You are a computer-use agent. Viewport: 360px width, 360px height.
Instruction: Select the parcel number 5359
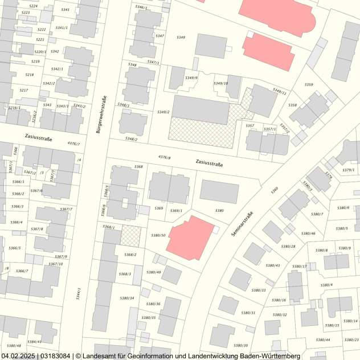(308, 85)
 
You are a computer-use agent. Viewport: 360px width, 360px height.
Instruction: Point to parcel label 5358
(292, 105)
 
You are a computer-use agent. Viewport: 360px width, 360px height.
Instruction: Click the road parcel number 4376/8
(164, 157)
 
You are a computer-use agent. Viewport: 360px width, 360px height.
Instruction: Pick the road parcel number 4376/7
(74, 144)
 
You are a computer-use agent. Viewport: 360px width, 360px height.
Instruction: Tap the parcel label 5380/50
(158, 235)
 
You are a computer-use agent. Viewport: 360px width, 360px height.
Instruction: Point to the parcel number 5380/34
(127, 298)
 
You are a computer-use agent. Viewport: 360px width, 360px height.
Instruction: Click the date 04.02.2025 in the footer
(18, 355)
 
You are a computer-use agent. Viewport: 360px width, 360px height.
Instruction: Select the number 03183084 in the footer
(55, 355)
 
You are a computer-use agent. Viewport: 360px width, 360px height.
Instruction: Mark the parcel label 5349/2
(163, 112)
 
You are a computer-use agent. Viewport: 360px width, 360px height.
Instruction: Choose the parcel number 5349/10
(220, 83)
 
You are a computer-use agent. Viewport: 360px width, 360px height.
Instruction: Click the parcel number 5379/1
(348, 170)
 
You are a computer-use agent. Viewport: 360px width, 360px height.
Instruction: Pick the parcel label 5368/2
(130, 255)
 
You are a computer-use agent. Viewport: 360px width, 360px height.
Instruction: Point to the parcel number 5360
(275, 189)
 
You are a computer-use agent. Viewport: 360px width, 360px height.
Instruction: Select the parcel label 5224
(33, 6)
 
